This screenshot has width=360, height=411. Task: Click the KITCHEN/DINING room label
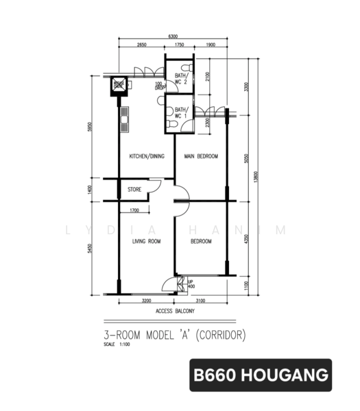click(147, 157)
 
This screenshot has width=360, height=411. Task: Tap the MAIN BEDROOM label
click(201, 157)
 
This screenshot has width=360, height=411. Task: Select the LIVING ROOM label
click(146, 241)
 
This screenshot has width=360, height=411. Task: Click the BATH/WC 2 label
click(181, 79)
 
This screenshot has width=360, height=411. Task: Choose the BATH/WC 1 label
click(181, 112)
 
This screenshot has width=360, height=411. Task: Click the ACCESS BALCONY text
click(175, 311)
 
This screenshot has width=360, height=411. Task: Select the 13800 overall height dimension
click(256, 177)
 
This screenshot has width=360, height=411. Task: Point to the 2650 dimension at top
click(141, 45)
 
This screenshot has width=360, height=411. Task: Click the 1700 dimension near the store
click(134, 210)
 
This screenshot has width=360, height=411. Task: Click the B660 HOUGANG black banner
click(261, 375)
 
